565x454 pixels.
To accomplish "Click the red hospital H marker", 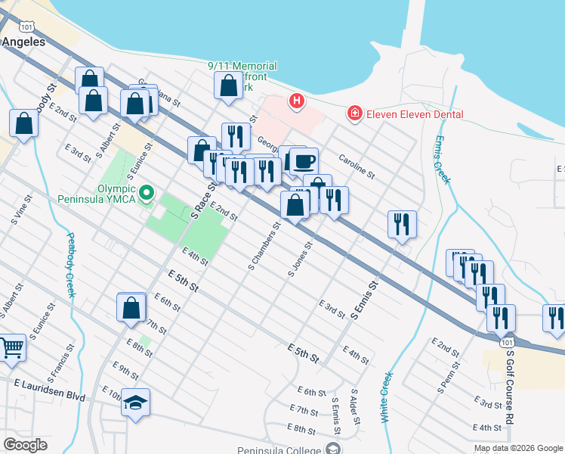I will point(297,100).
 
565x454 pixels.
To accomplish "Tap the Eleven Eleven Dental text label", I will point(415,114).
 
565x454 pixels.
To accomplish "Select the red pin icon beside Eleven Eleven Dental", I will point(354,114).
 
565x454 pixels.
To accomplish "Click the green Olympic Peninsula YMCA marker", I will point(147,194).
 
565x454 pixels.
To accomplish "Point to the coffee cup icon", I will point(304,160).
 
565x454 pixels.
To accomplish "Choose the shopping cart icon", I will point(12,347).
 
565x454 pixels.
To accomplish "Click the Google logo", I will point(25,445).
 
